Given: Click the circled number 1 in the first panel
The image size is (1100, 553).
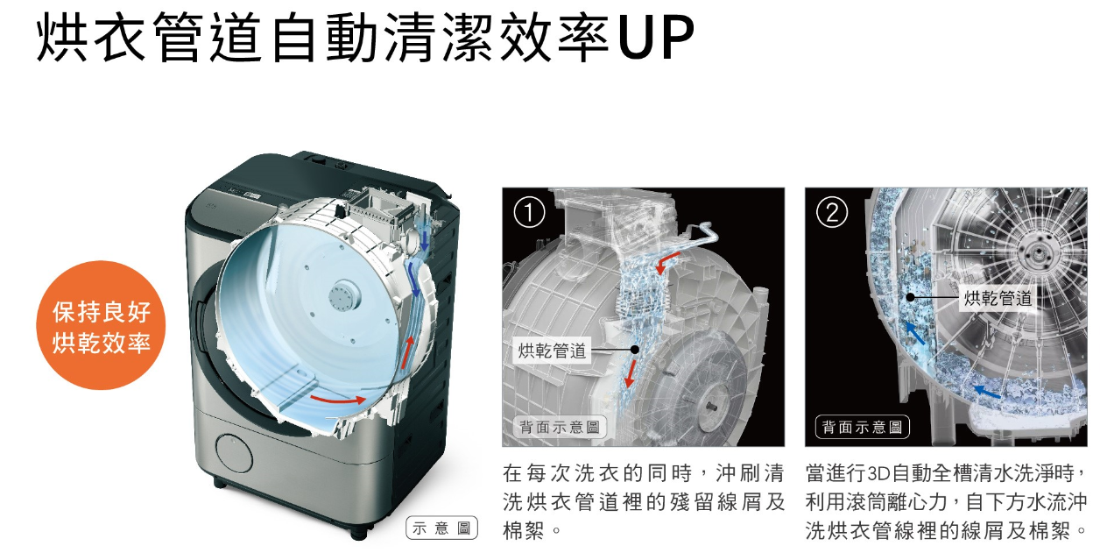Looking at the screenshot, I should point(530,212).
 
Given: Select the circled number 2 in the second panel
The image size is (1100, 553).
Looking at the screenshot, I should point(831,212).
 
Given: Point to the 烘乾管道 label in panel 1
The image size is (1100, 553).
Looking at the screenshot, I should point(553,351).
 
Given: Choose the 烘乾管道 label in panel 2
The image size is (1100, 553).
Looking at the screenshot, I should point(998,298).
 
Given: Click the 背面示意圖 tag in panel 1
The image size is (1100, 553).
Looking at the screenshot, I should point(559,428).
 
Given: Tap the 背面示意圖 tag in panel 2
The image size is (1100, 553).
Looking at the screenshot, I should point(862,428).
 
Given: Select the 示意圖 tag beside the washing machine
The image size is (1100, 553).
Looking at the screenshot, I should point(442,528).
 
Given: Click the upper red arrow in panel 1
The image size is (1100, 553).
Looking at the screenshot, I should point(669,258).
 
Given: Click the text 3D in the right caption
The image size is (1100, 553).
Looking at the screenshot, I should point(878,475).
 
